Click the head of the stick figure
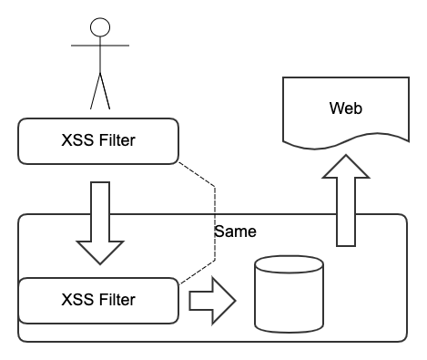[100, 26]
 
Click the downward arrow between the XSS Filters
[98, 219]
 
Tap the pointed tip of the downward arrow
[98, 262]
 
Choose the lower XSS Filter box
[97, 300]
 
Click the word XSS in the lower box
[75, 300]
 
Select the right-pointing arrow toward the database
[211, 300]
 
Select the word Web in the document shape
[345, 108]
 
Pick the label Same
[235, 231]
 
